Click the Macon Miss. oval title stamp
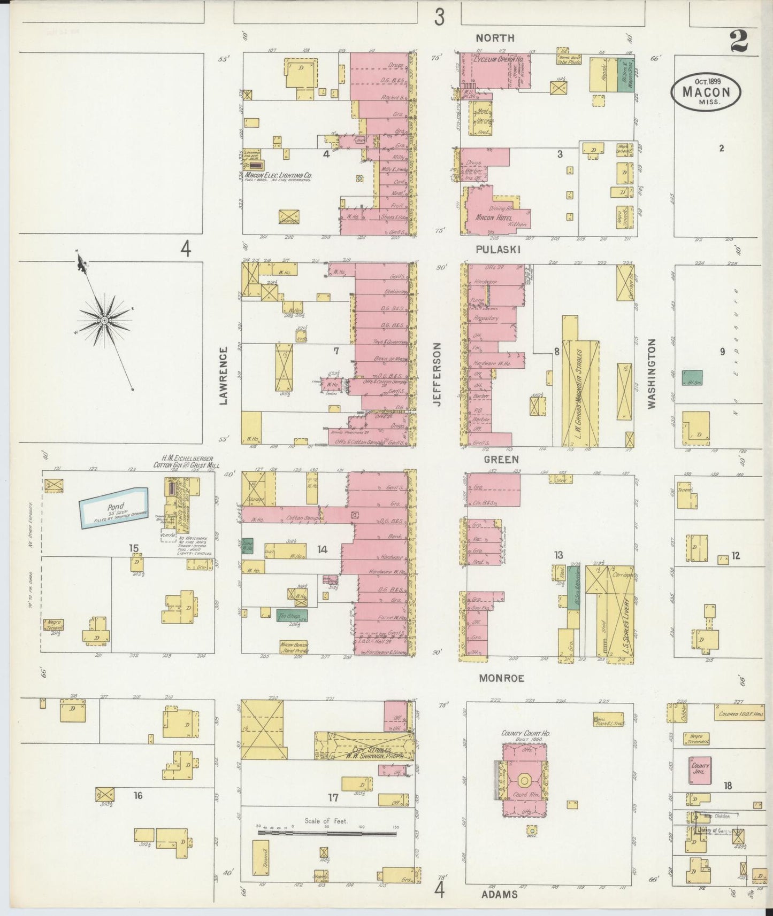706,91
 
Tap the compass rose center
105,320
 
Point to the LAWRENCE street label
224,375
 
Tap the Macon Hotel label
494,218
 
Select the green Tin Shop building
292,616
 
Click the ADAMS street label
499,894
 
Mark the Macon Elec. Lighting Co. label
278,175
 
